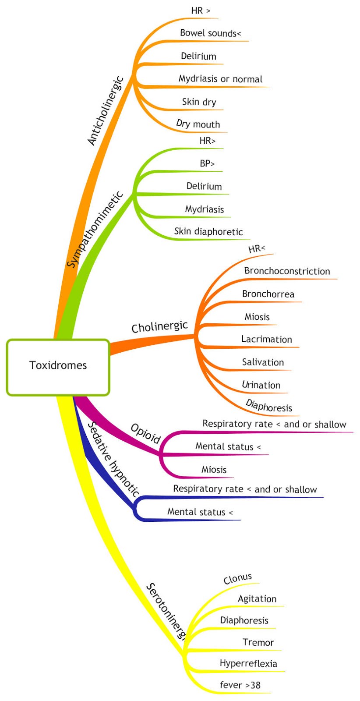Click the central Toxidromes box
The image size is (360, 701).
tap(58, 365)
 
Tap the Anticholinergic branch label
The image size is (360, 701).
tap(106, 111)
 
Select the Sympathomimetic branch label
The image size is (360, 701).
tap(95, 229)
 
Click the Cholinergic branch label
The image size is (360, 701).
tap(159, 327)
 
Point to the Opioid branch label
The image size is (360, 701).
tap(146, 434)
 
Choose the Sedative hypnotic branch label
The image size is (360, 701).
tap(113, 459)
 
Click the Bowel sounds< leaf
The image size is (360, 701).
tap(210, 33)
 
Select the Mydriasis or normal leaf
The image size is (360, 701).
tap(220, 79)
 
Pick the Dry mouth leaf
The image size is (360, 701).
tap(198, 124)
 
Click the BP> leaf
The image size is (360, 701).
tap(207, 164)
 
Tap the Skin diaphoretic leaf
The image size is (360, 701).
tap(208, 231)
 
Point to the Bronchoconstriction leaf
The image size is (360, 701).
tap(287, 271)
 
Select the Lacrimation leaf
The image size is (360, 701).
tap(266, 339)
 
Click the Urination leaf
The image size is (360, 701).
tap(261, 385)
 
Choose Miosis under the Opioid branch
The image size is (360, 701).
tap(214, 470)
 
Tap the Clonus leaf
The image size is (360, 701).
tap(238, 579)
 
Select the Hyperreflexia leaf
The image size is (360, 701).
tap(248, 663)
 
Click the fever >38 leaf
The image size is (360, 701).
tap(240, 685)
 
